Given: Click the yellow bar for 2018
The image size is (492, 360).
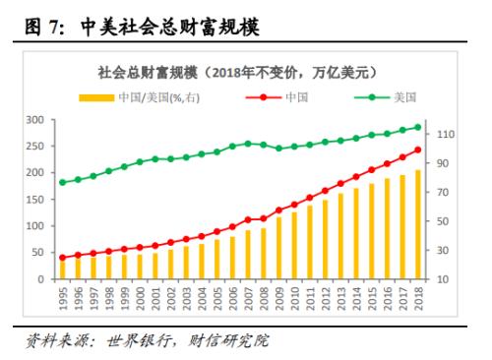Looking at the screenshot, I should pos(418,225).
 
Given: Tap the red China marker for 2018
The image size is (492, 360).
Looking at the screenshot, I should pos(418,150).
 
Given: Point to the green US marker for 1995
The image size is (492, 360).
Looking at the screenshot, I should pos(63,182).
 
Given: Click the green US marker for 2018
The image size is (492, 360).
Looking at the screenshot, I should pos(418,126).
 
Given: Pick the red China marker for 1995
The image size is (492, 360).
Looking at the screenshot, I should pos(63,258).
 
